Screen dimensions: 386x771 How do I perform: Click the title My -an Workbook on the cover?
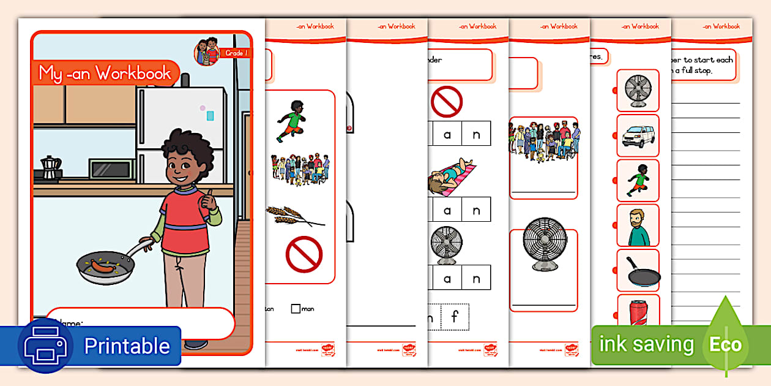tap(105, 74)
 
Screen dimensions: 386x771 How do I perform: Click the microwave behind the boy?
tap(111, 168)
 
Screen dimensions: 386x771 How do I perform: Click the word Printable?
tap(127, 346)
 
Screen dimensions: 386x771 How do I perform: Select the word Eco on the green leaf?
tap(725, 344)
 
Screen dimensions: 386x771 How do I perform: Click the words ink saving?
tap(646, 344)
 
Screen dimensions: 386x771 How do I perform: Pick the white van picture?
tap(638, 135)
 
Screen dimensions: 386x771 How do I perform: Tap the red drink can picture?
tap(637, 309)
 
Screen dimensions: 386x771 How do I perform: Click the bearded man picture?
tap(637, 225)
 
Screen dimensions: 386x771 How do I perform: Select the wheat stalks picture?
tap(292, 215)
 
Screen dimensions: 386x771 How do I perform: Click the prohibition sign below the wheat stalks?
tap(304, 254)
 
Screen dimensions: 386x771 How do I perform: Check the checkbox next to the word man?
tap(296, 309)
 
